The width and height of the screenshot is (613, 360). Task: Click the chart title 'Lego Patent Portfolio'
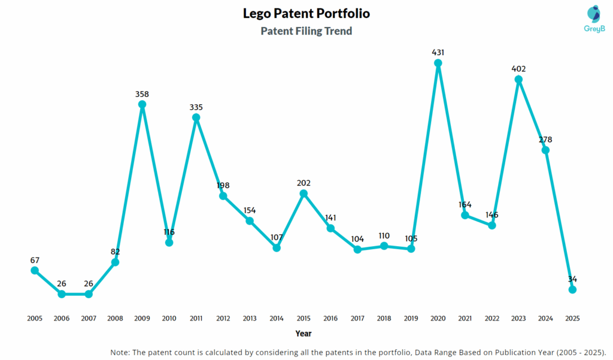pyautogui.click(x=306, y=13)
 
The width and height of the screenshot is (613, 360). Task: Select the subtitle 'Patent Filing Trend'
pyautogui.click(x=306, y=31)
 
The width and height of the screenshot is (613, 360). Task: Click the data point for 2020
pyautogui.click(x=438, y=63)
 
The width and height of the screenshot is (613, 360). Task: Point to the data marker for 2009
pyautogui.click(x=142, y=104)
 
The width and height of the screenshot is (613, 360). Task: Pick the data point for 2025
pyautogui.click(x=572, y=289)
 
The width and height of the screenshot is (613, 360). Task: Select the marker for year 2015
pyautogui.click(x=304, y=193)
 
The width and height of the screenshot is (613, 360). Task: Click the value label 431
pyautogui.click(x=438, y=53)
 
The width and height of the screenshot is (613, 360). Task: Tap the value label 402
pyautogui.click(x=519, y=69)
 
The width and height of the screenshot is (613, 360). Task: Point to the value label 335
pyautogui.click(x=196, y=107)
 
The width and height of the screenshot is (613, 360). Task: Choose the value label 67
pyautogui.click(x=35, y=260)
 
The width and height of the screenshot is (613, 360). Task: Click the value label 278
pyautogui.click(x=545, y=140)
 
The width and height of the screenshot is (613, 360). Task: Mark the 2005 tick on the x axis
pyautogui.click(x=35, y=318)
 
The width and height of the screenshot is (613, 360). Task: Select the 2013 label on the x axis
pyautogui.click(x=250, y=318)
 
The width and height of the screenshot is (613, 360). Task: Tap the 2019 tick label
pyautogui.click(x=411, y=318)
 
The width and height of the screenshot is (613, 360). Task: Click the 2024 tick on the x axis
pyautogui.click(x=545, y=318)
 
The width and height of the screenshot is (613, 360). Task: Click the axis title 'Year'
pyautogui.click(x=303, y=333)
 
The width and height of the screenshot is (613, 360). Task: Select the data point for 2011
pyautogui.click(x=196, y=117)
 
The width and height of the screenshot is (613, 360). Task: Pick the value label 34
pyautogui.click(x=572, y=279)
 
